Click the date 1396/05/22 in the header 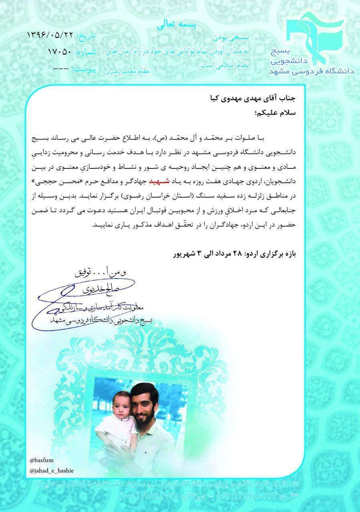tap(51, 35)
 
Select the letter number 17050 tap(60, 52)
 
